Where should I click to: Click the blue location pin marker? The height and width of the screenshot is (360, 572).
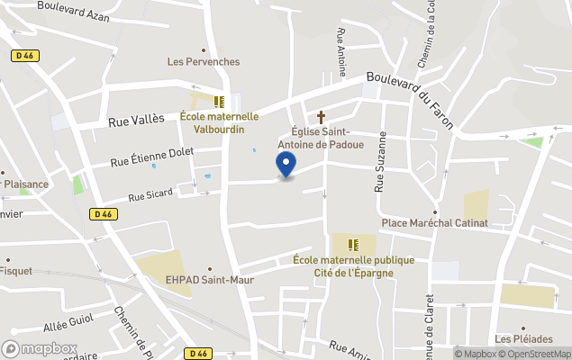(x=286, y=166)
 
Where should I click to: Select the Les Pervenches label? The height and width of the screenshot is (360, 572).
(x=204, y=61)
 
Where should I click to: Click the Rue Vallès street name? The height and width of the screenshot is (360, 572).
(x=136, y=118)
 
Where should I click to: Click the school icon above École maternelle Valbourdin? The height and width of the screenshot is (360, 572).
(x=218, y=101)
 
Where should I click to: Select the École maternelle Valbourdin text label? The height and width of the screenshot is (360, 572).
(x=219, y=121)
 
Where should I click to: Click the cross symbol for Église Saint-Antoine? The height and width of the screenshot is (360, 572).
(x=322, y=117)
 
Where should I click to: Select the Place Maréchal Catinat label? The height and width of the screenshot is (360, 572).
(x=435, y=222)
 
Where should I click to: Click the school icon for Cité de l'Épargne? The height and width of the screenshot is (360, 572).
(x=353, y=244)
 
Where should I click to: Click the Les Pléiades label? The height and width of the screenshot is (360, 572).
(x=523, y=338)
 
